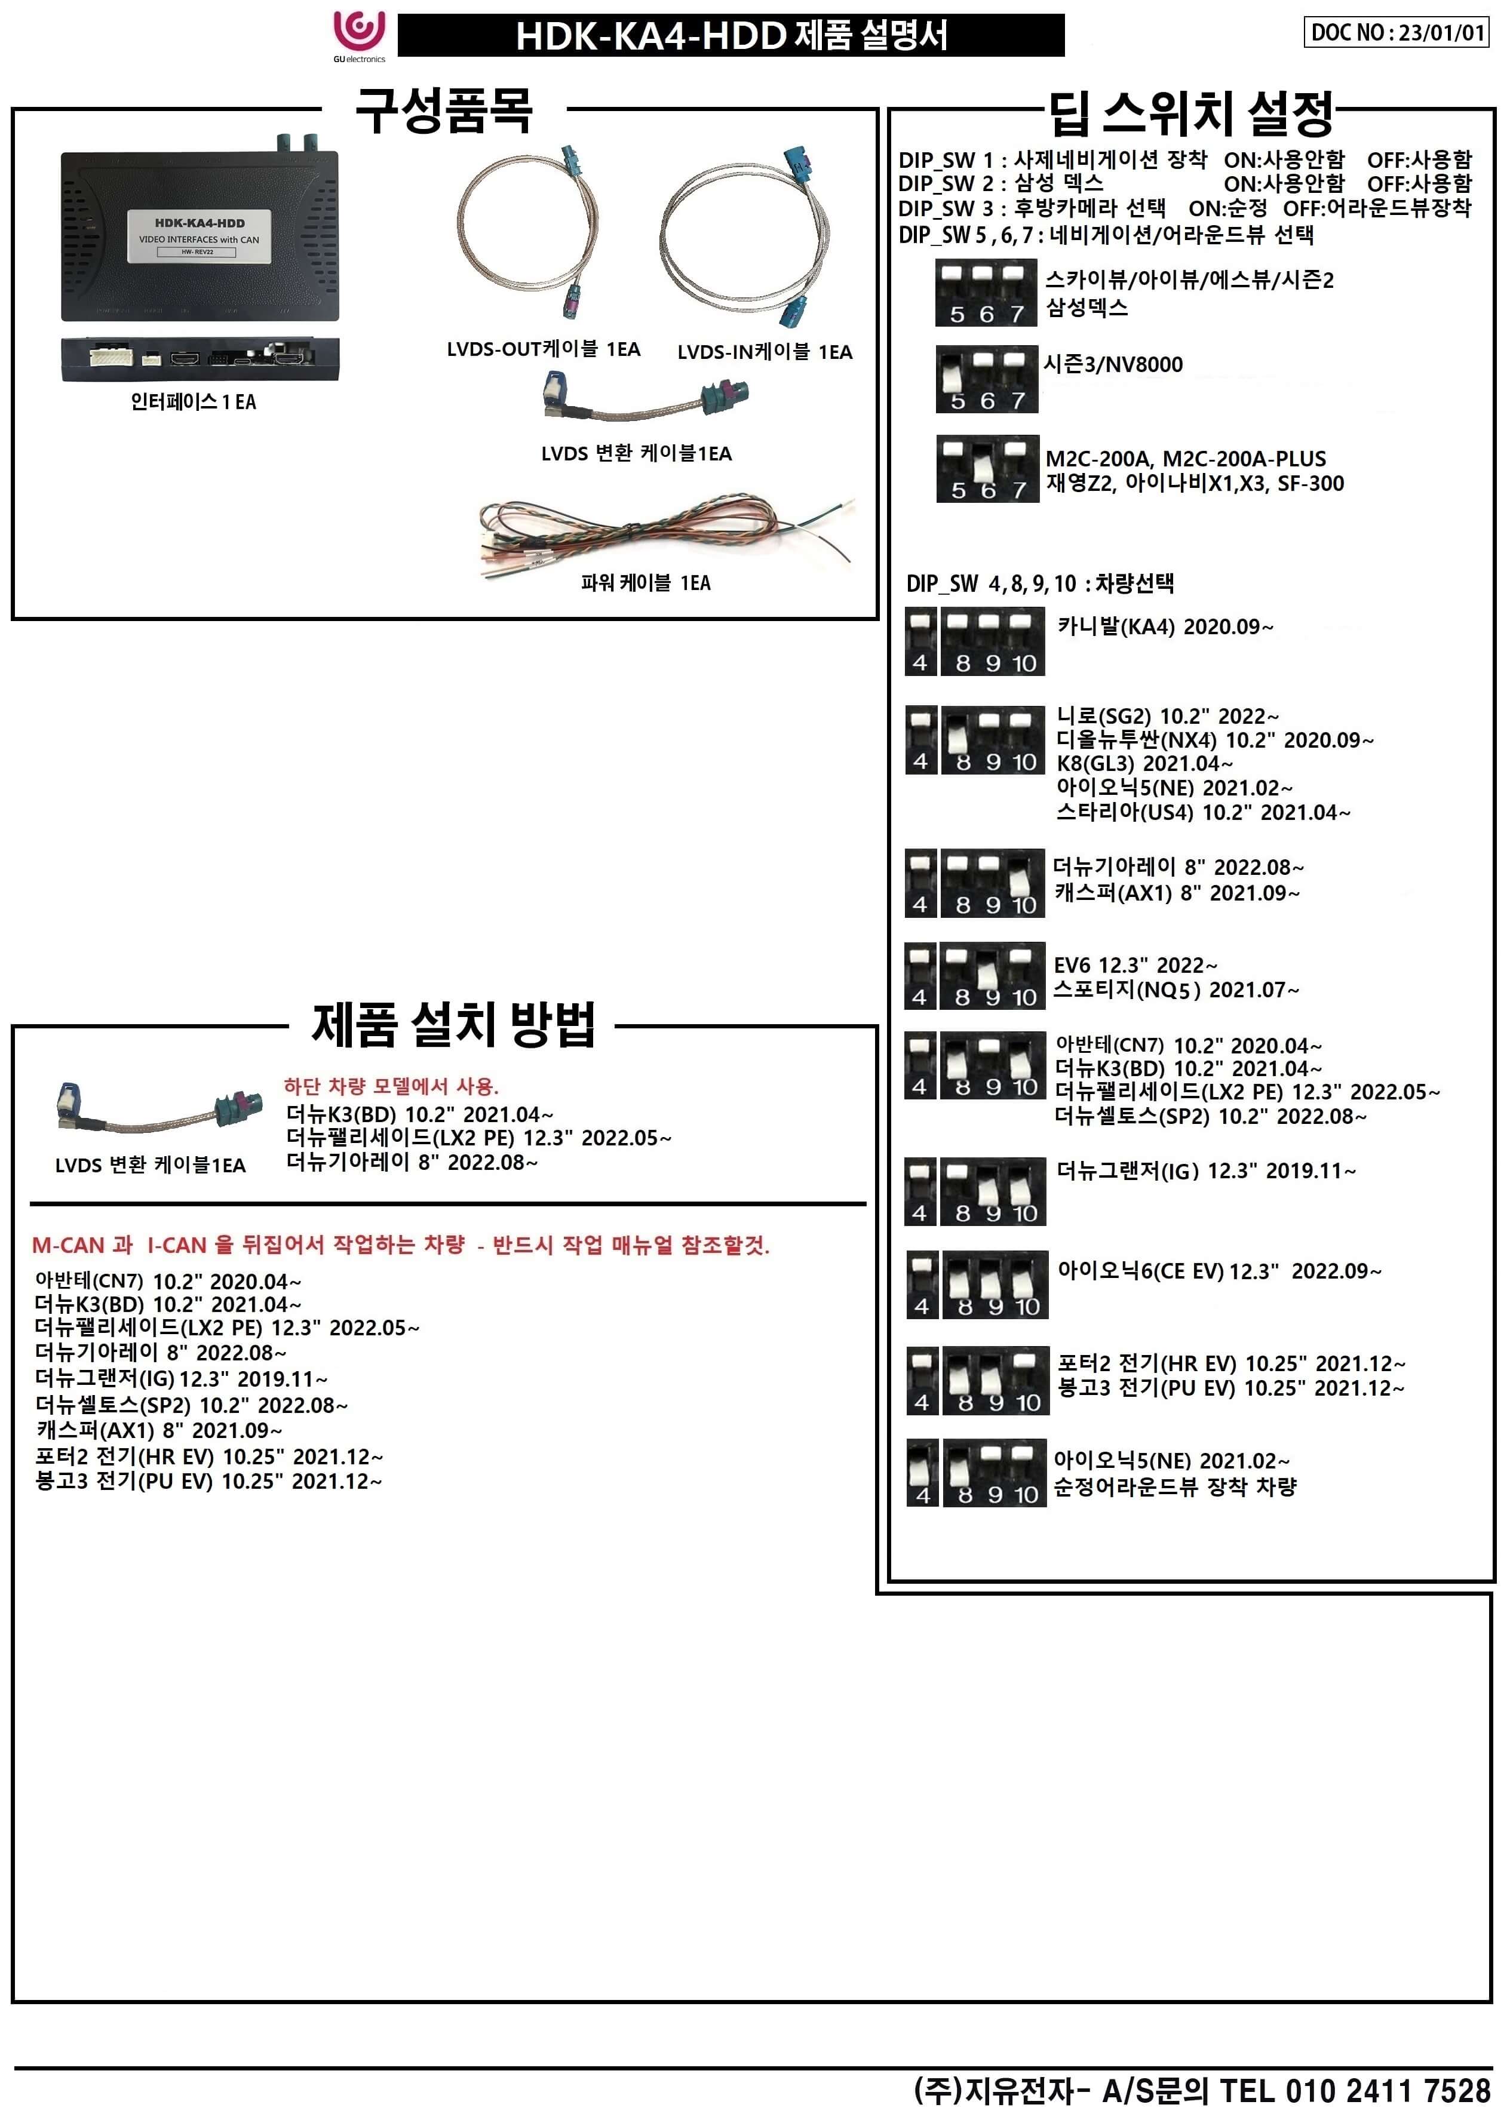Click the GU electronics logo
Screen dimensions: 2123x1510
point(359,35)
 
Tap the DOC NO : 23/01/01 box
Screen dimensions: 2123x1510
point(1397,32)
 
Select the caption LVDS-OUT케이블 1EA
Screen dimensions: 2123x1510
point(543,349)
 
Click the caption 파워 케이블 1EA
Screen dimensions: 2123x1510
point(645,583)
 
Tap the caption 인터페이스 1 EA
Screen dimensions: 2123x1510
point(194,401)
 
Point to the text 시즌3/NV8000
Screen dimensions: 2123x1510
point(1113,364)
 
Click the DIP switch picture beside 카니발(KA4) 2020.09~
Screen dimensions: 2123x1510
point(974,641)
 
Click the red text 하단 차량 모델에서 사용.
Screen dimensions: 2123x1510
point(391,1086)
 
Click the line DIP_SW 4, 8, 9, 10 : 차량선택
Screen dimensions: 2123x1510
point(1039,583)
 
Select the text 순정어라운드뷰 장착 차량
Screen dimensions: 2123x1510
point(1174,1487)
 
